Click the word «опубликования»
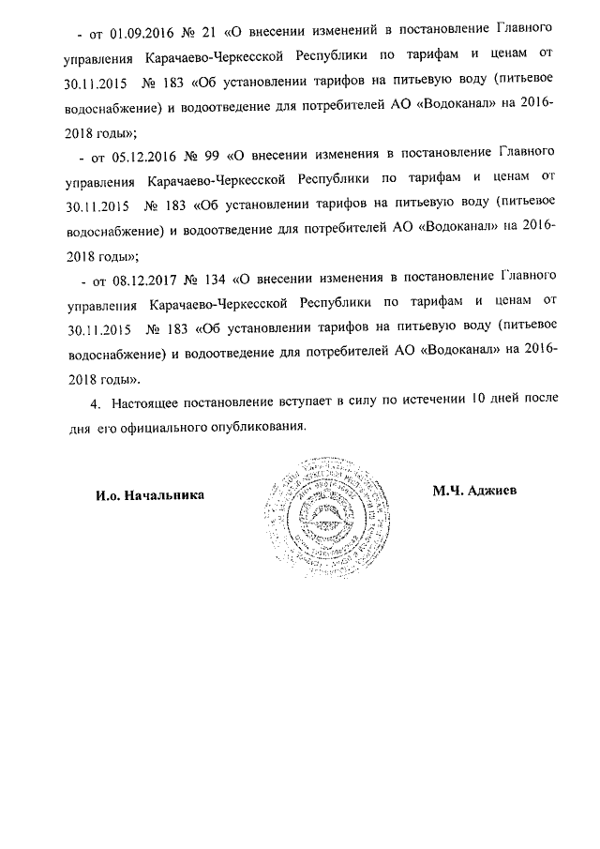[x=261, y=426]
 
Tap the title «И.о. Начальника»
[x=150, y=494]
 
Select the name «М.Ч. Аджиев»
[x=474, y=491]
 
